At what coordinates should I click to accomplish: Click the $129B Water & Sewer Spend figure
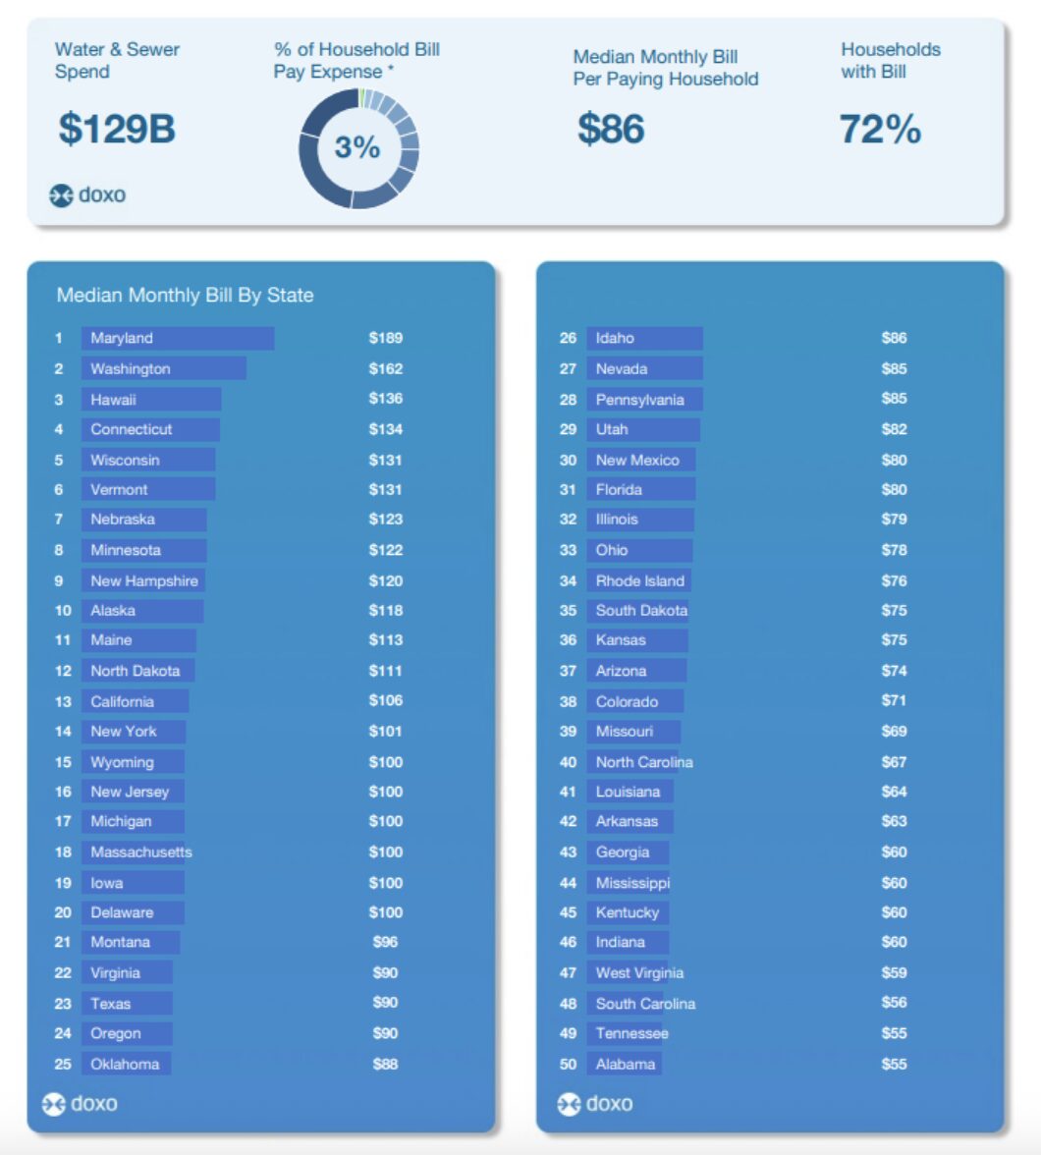point(117,129)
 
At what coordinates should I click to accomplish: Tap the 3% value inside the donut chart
point(357,147)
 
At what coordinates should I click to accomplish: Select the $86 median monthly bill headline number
point(611,129)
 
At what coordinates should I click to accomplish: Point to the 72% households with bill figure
point(880,129)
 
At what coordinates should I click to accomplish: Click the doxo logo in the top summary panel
point(88,195)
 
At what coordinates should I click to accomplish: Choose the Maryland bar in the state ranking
point(177,338)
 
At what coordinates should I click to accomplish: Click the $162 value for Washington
point(386,368)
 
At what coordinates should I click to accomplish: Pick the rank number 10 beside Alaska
point(63,610)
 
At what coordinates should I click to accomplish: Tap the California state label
point(122,701)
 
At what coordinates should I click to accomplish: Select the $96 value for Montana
point(385,942)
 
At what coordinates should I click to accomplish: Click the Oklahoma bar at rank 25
point(126,1064)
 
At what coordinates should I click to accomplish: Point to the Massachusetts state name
point(141,852)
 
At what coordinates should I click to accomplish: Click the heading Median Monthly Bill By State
point(185,295)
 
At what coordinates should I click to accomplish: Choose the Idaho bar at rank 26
point(644,338)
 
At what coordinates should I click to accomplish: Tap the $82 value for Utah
point(894,429)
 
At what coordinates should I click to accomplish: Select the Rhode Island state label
point(639,580)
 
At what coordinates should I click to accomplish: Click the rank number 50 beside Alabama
point(568,1064)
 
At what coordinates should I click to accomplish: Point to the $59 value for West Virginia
point(894,972)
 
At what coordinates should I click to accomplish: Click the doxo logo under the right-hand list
point(596,1104)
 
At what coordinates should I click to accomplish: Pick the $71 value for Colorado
point(894,700)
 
